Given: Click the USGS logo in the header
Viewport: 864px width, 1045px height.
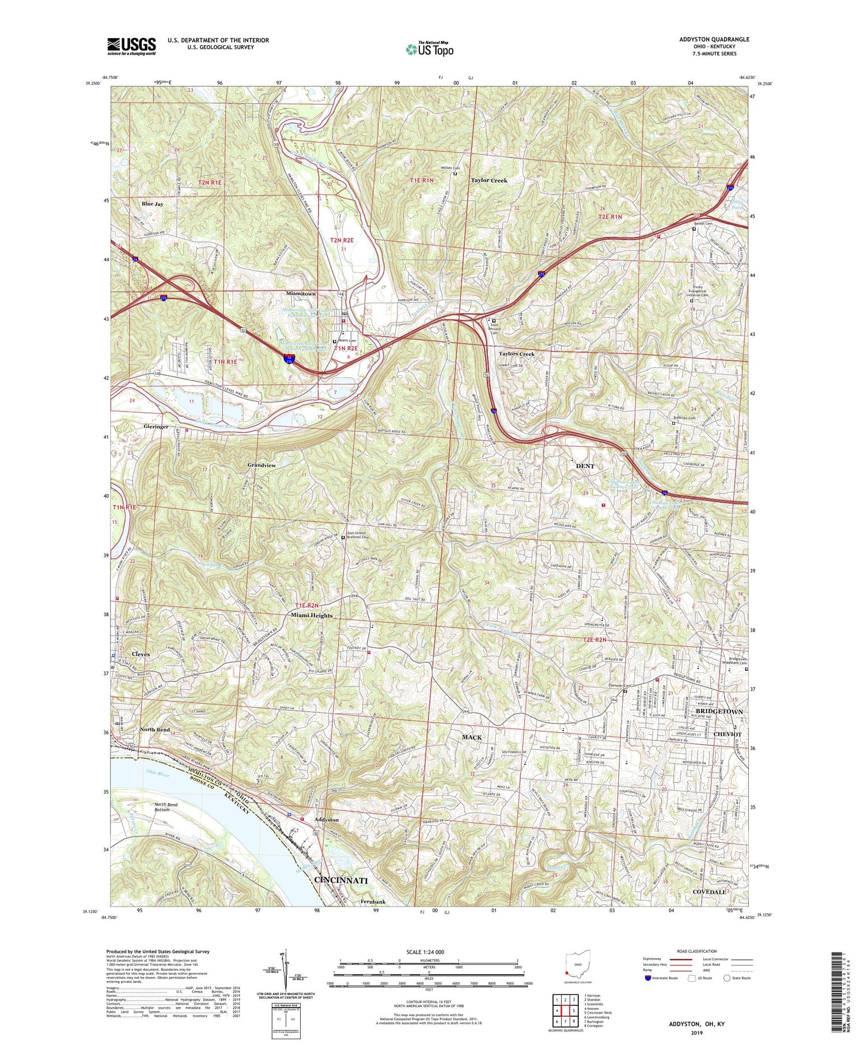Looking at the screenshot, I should pyautogui.click(x=131, y=46).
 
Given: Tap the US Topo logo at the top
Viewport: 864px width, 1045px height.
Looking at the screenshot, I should pyautogui.click(x=429, y=50).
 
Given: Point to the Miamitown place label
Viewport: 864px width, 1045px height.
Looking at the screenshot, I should pyautogui.click(x=301, y=294).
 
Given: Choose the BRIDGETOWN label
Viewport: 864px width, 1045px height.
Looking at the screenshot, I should pyautogui.click(x=719, y=712).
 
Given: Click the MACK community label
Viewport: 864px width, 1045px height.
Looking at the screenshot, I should pyautogui.click(x=471, y=737).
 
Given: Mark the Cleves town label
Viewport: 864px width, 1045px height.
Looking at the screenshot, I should pyautogui.click(x=141, y=654).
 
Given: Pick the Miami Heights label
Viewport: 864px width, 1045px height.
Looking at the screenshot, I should pyautogui.click(x=312, y=615).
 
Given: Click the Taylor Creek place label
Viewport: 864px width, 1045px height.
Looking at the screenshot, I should pyautogui.click(x=489, y=180).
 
